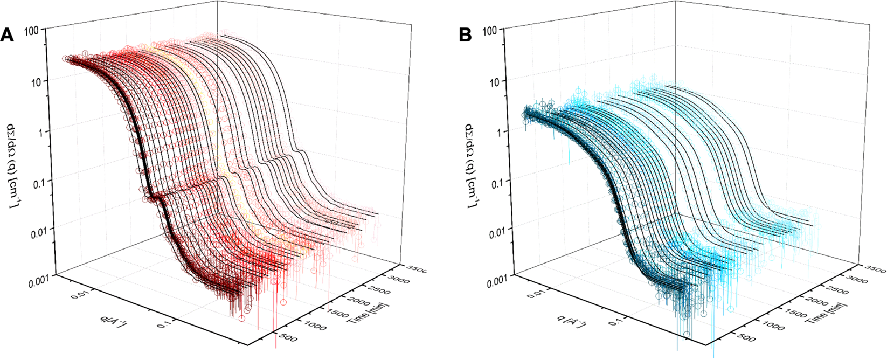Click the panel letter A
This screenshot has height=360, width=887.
click(7, 36)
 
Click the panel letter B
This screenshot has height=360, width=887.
click(465, 36)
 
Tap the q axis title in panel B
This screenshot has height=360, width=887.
click(571, 322)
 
